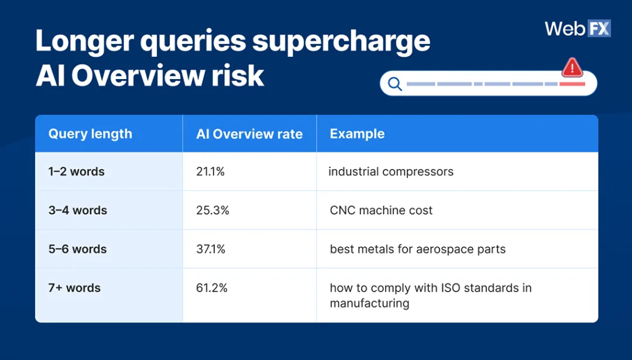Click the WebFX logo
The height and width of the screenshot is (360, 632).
click(x=577, y=28)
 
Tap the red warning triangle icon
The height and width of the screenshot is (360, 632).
click(x=572, y=67)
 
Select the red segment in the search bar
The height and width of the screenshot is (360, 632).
click(x=572, y=84)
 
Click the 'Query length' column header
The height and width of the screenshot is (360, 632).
click(x=90, y=134)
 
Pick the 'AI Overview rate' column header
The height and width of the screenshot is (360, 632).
click(x=249, y=134)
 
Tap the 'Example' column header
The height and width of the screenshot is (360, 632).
click(x=357, y=134)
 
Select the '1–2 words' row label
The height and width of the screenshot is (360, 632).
click(x=77, y=172)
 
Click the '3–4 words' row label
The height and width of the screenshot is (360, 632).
click(x=78, y=211)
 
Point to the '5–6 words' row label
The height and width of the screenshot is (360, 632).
click(x=78, y=249)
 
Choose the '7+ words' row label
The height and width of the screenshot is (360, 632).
click(x=75, y=288)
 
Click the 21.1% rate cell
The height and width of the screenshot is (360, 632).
click(x=210, y=172)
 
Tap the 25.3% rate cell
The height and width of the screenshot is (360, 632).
click(x=212, y=211)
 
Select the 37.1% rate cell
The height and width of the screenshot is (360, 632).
click(x=211, y=249)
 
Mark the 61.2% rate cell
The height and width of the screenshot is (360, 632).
click(x=212, y=288)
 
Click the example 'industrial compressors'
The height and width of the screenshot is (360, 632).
click(x=391, y=172)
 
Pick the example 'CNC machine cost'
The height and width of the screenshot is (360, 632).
click(x=381, y=211)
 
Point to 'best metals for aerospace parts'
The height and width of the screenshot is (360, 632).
click(x=417, y=249)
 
